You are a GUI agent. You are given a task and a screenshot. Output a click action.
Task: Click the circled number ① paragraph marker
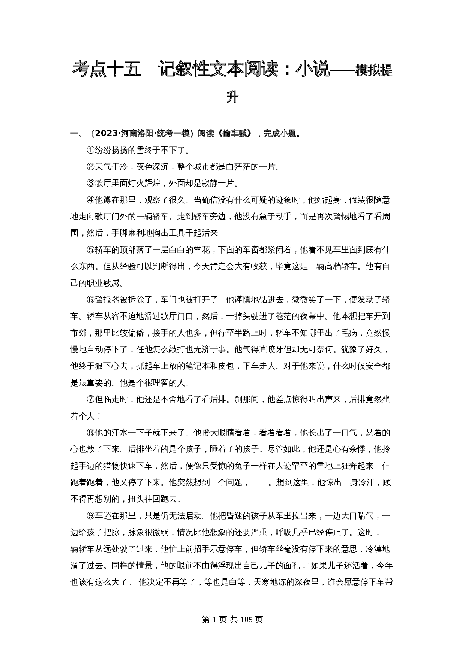point(90,150)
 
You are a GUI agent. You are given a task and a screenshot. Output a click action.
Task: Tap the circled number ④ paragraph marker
point(90,200)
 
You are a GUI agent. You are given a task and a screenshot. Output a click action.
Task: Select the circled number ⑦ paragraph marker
point(90,399)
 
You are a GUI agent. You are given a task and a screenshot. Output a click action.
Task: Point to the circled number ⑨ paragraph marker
point(90,516)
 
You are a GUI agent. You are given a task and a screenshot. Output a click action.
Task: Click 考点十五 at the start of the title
point(106,70)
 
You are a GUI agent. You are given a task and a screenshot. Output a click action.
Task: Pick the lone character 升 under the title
point(232,97)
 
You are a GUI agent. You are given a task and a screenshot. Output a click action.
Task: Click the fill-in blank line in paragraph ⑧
point(259,483)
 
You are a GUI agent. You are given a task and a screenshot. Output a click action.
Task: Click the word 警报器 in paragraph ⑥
point(107,300)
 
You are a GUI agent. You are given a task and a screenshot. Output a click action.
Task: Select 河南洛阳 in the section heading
point(137,133)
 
